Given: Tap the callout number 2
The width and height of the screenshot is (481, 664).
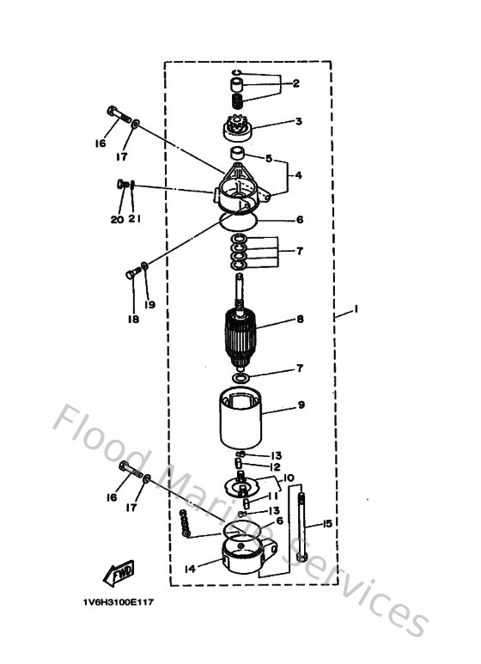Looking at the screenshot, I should click(295, 83).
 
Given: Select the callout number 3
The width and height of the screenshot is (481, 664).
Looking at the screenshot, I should click(298, 122).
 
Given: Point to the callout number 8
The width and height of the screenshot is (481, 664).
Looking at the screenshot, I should click(300, 320).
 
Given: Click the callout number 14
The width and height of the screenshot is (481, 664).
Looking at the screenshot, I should click(190, 569).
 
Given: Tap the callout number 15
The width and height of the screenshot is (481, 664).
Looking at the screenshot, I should click(326, 523).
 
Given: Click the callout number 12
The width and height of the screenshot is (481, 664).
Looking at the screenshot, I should click(276, 466).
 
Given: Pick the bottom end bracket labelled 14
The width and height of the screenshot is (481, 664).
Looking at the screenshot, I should click(243, 558).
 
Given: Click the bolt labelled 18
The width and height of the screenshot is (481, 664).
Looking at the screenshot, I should click(134, 276).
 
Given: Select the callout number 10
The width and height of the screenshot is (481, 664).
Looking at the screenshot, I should click(289, 478).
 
